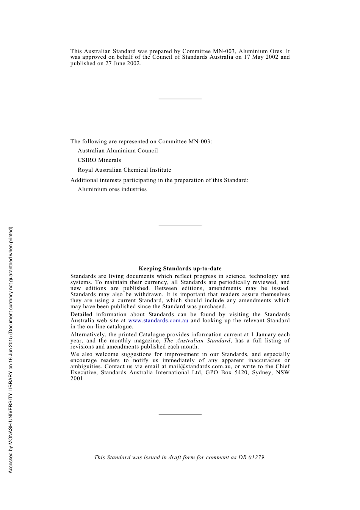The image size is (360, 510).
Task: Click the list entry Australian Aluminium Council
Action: tap(117, 151)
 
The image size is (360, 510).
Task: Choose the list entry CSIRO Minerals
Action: tap(99, 160)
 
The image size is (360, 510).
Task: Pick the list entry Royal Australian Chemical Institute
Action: tap(124, 170)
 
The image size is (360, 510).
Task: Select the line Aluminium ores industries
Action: tap(112, 189)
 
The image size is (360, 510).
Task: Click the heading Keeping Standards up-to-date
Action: tap(180, 268)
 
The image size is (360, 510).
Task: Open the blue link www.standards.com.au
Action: tap(158, 320)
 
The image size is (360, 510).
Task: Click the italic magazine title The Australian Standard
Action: tap(197, 341)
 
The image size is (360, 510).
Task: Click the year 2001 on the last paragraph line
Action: tap(77, 378)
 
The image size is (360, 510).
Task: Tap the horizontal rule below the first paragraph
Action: tap(180, 99)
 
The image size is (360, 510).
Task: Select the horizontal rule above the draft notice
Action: tap(180, 414)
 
